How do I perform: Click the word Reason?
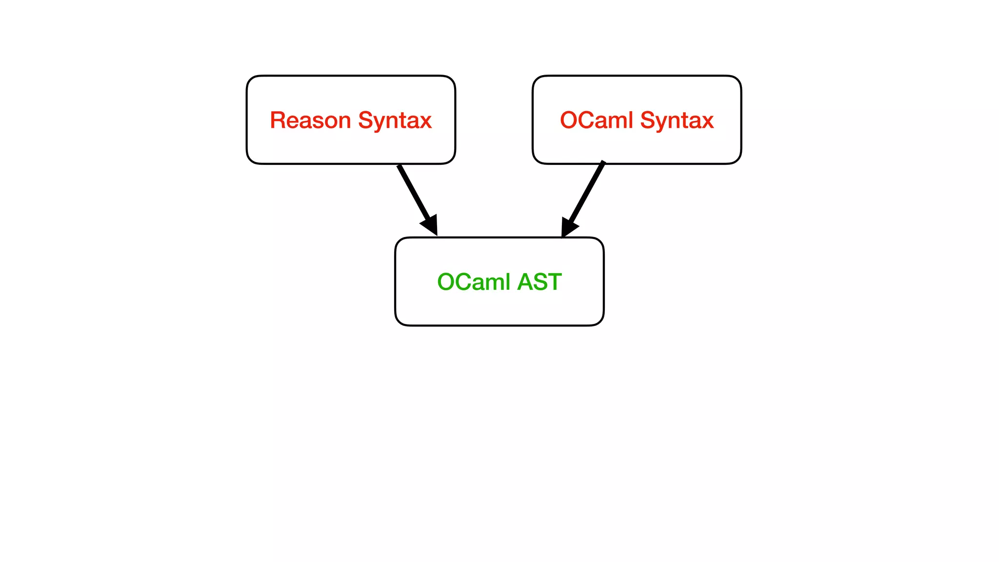coord(310,120)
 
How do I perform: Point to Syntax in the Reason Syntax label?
coord(395,120)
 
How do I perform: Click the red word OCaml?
coord(596,120)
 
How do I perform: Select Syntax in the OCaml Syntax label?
coord(677,120)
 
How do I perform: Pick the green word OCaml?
coord(473,282)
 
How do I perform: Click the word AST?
coord(539,282)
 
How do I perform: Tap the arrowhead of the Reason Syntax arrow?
coord(431,226)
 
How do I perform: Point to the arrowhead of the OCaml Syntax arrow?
coord(568,227)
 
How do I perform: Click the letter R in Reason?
coord(278,120)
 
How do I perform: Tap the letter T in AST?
coord(554,282)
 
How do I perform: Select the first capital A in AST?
coord(525,282)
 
